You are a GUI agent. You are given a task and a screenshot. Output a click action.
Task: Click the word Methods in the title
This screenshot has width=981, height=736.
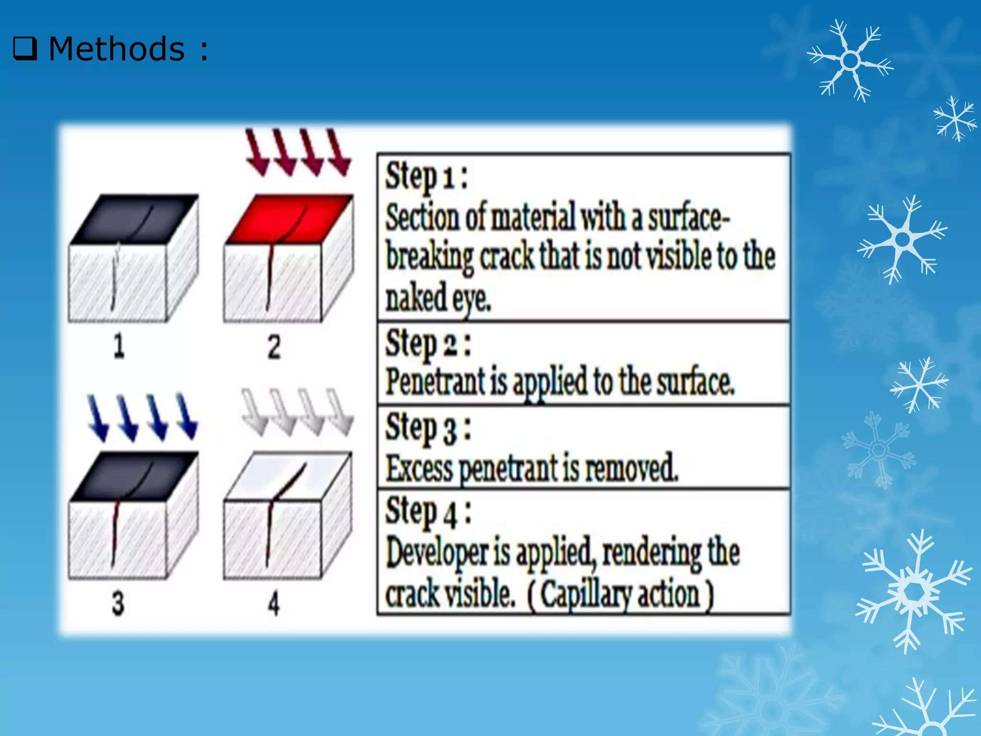(116, 49)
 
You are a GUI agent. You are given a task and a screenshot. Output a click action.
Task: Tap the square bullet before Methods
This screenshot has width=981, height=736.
(25, 49)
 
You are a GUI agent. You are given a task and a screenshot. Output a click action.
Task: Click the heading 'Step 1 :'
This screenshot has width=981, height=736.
(426, 176)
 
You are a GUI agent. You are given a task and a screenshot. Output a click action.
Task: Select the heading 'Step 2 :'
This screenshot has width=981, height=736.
(428, 344)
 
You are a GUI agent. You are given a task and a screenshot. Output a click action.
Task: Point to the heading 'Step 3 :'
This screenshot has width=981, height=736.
(428, 428)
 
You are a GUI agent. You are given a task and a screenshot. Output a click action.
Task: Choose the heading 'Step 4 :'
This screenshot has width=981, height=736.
(428, 512)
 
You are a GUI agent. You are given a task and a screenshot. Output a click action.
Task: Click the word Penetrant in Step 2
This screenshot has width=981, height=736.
(435, 382)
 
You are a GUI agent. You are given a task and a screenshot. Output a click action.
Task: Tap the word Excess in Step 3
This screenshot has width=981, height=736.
(419, 468)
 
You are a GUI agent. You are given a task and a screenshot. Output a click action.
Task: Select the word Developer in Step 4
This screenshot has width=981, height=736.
(437, 553)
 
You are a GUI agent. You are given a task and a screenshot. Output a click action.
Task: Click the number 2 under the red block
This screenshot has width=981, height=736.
(274, 347)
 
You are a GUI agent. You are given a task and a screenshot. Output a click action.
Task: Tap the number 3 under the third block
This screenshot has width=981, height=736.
(118, 603)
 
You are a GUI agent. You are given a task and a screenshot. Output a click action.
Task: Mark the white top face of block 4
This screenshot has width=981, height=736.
(287, 474)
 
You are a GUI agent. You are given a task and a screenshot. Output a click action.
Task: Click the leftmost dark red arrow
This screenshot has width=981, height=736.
(257, 152)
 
